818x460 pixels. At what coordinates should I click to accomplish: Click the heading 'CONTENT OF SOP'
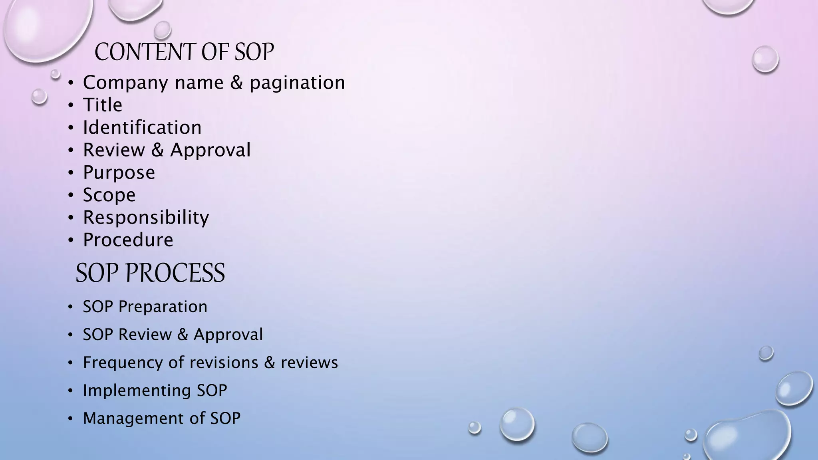tap(184, 52)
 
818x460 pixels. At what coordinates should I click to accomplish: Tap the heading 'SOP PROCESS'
tap(150, 273)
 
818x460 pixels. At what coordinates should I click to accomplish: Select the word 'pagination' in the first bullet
tap(297, 83)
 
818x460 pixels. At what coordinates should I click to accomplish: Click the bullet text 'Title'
tap(103, 105)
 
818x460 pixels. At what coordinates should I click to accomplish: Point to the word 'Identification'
tap(142, 128)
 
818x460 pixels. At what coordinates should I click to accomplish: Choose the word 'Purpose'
tap(119, 173)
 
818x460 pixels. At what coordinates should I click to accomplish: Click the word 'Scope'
tap(109, 195)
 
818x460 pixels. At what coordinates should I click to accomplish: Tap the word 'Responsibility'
tap(146, 218)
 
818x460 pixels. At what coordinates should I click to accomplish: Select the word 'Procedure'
tap(128, 240)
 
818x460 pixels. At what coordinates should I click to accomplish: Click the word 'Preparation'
tap(163, 307)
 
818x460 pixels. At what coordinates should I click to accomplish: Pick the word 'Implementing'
tap(137, 391)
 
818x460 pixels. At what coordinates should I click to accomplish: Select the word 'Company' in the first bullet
tap(125, 83)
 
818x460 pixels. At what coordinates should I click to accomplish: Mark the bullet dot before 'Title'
tap(71, 105)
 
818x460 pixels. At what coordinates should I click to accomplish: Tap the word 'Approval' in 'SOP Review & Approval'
tap(228, 335)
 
